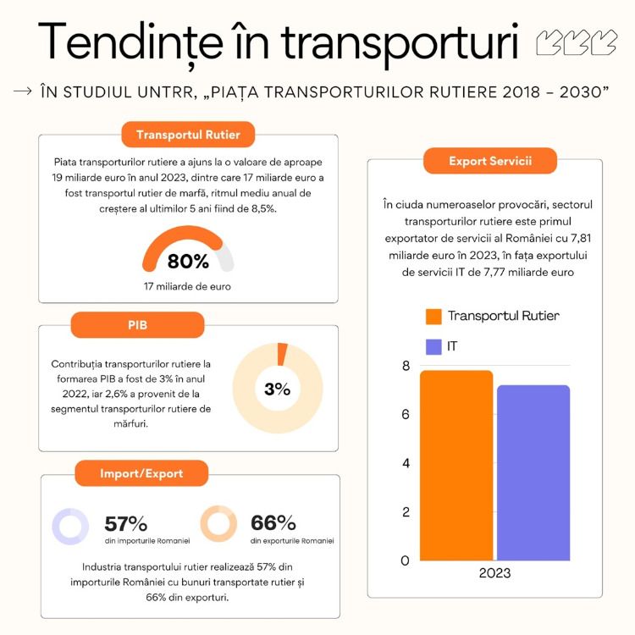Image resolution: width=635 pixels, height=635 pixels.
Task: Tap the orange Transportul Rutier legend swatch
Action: coord(433,316)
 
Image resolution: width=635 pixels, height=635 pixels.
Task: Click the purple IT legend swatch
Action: coord(433,346)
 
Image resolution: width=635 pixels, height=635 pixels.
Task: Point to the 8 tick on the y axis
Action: coord(406,366)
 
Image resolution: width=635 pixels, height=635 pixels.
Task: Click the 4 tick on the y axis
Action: coord(406,463)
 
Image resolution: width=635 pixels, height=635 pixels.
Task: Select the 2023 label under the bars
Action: coord(494,573)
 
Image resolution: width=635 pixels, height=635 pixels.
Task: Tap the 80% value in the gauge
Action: coord(187,260)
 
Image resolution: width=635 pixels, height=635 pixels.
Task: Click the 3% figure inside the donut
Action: coord(277,389)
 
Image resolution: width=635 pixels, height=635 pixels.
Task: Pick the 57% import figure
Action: coord(126,523)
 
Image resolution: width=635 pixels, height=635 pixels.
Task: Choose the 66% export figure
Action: coord(273,523)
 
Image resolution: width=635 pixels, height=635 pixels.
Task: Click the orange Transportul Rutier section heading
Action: coord(188,135)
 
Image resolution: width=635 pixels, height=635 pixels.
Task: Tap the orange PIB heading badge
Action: coord(137,324)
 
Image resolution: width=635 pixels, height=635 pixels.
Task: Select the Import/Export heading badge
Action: coord(141,473)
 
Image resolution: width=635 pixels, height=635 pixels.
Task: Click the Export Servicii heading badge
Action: coord(490,160)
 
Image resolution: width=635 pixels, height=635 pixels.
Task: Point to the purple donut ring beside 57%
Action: coord(70,526)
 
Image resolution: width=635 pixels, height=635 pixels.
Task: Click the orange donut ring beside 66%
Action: coord(218,524)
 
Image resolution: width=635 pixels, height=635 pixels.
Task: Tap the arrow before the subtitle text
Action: coord(23,91)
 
